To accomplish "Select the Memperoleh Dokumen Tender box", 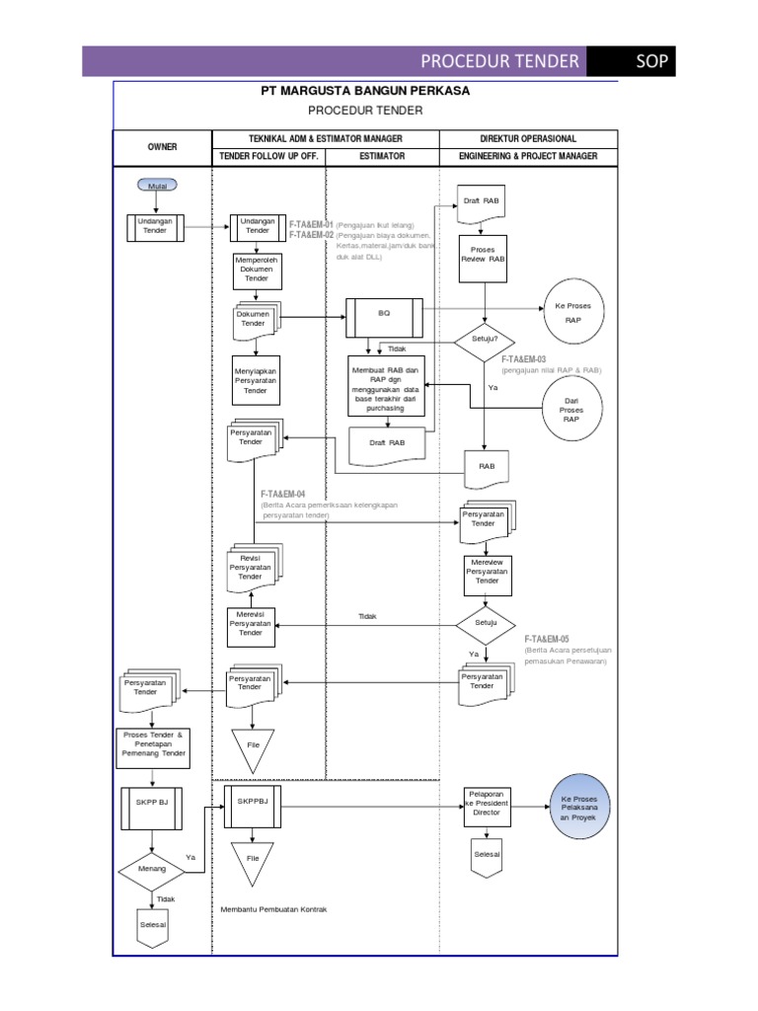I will click(x=256, y=270).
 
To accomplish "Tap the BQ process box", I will click(x=384, y=313).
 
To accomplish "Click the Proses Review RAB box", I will click(x=483, y=255).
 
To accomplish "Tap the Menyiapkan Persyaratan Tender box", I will click(x=256, y=381).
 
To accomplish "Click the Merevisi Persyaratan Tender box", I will click(x=251, y=624).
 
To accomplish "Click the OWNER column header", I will click(x=162, y=146).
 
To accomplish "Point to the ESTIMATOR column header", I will click(x=382, y=156).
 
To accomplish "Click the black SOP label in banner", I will click(x=652, y=61).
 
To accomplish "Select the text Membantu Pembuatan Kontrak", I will click(x=273, y=909).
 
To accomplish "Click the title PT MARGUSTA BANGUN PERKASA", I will click(x=365, y=91).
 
